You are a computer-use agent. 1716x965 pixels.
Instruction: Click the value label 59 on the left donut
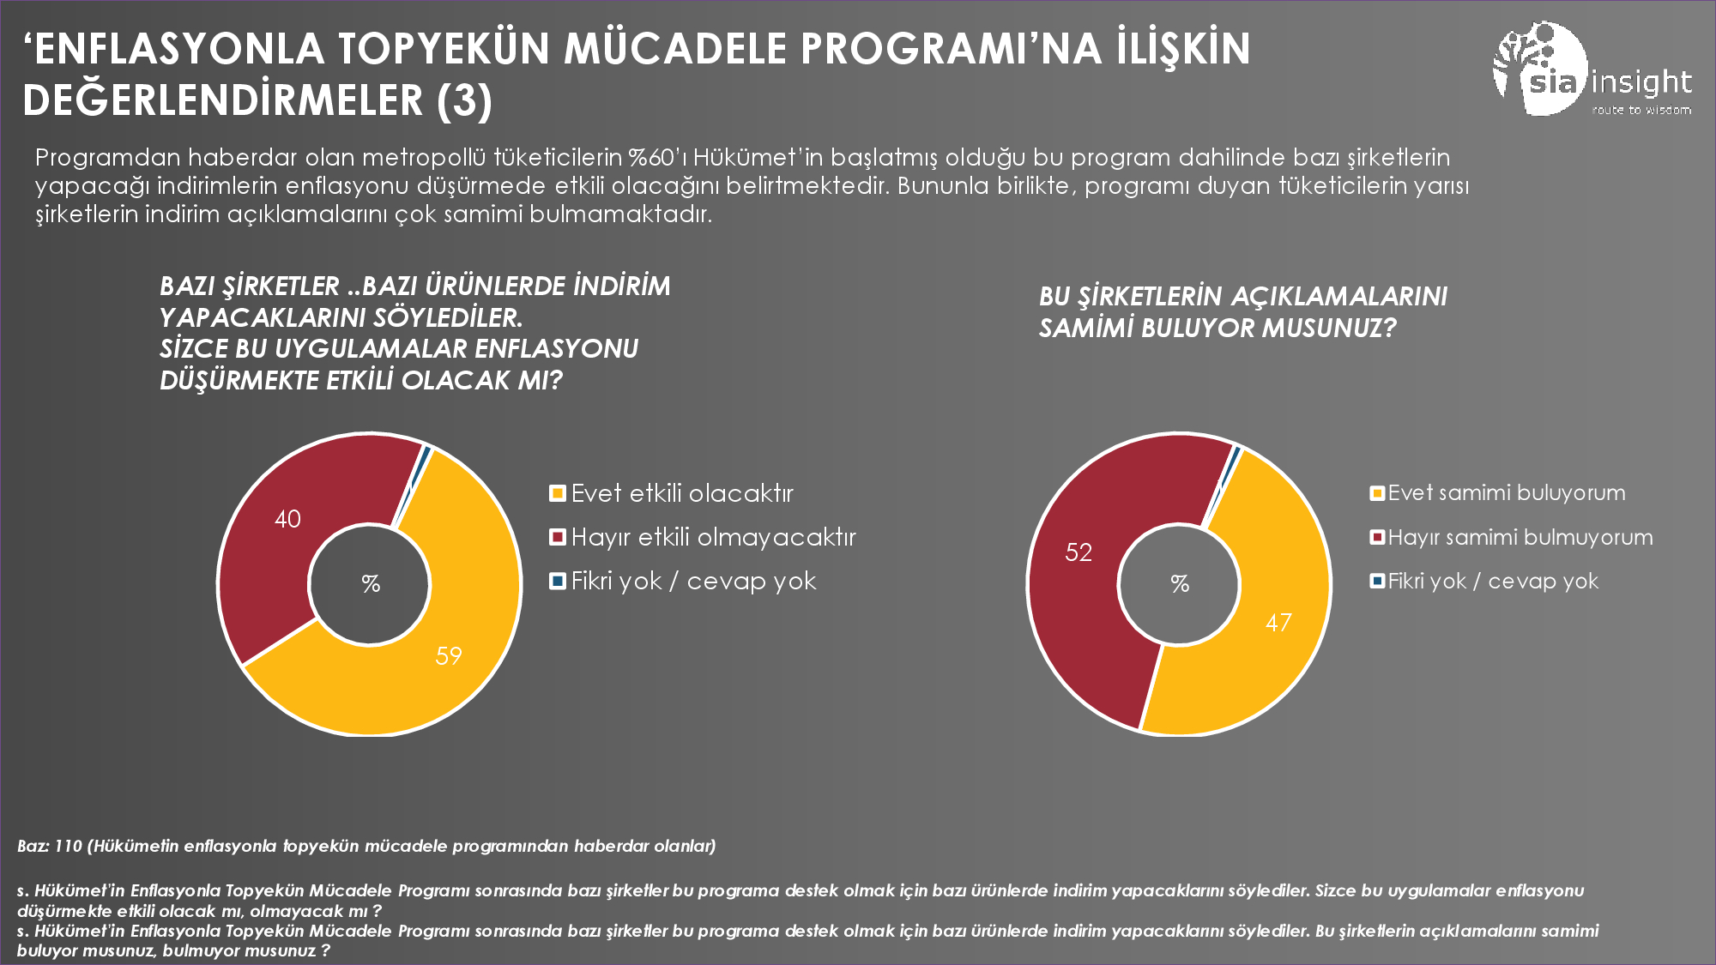pyautogui.click(x=449, y=656)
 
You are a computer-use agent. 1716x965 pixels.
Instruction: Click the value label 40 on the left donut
pyautogui.click(x=287, y=519)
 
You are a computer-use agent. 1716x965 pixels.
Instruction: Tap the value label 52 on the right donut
pyautogui.click(x=1079, y=552)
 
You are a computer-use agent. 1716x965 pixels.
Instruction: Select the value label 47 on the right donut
pyautogui.click(x=1278, y=623)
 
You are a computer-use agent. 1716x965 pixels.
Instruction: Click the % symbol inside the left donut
pyautogui.click(x=371, y=584)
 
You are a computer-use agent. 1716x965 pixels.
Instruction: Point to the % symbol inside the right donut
pyautogui.click(x=1180, y=584)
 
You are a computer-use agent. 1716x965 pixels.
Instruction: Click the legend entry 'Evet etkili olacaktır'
pyautogui.click(x=682, y=493)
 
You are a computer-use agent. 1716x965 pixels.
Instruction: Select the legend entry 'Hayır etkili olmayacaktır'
pyautogui.click(x=713, y=538)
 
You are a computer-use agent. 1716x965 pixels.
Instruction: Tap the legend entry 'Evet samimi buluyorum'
pyautogui.click(x=1507, y=493)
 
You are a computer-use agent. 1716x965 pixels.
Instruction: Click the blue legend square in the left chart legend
pyautogui.click(x=558, y=582)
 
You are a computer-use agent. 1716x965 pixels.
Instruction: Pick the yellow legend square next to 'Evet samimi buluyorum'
pyautogui.click(x=1377, y=493)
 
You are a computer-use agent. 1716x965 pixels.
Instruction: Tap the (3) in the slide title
pyautogui.click(x=464, y=100)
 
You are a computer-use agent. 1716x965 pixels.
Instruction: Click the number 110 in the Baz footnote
pyautogui.click(x=68, y=847)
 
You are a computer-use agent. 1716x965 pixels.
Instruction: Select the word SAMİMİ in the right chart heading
pyautogui.click(x=1086, y=328)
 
